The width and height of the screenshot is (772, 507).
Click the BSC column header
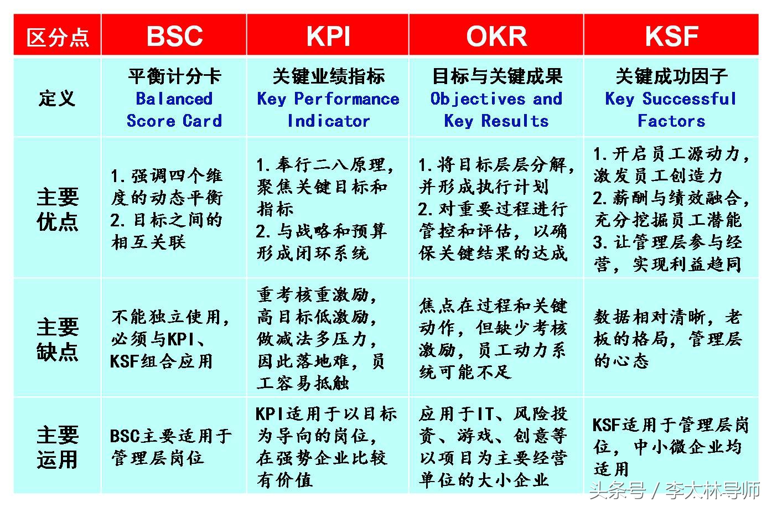pyautogui.click(x=174, y=36)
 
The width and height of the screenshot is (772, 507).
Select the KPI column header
pyautogui.click(x=328, y=36)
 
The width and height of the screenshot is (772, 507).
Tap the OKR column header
pyautogui.click(x=496, y=36)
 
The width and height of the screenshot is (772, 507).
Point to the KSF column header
pyautogui.click(x=671, y=36)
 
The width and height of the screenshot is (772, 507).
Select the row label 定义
pyautogui.click(x=57, y=99)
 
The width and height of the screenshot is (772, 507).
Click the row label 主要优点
pyautogui.click(x=58, y=209)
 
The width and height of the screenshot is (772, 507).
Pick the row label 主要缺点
pyautogui.click(x=58, y=339)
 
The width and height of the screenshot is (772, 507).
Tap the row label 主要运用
pyautogui.click(x=58, y=447)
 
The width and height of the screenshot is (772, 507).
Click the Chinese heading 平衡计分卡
pyautogui.click(x=174, y=76)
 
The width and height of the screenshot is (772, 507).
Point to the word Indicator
pyautogui.click(x=328, y=121)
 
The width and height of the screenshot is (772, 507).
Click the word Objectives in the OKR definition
pyautogui.click(x=477, y=99)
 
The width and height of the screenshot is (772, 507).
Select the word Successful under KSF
pyautogui.click(x=689, y=99)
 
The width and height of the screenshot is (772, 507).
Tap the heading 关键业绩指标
pyautogui.click(x=328, y=76)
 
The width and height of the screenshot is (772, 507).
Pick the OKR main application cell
pyautogui.click(x=493, y=447)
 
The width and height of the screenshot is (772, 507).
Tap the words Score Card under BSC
pyautogui.click(x=174, y=121)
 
